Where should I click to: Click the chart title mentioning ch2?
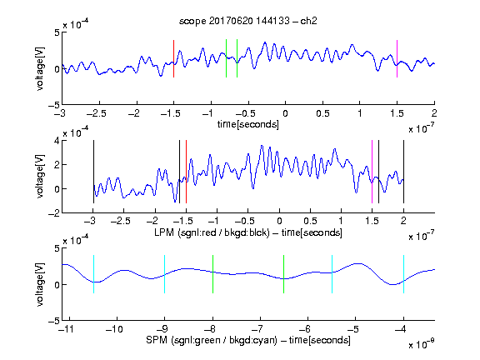[x=248, y=21]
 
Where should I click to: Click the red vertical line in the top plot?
[x=173, y=58]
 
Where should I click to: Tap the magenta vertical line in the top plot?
[x=397, y=58]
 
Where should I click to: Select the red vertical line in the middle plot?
[x=186, y=172]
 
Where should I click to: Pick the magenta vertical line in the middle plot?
[x=372, y=172]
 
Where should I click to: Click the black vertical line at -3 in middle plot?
[x=93, y=172]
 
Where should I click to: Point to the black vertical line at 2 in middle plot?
[x=403, y=172]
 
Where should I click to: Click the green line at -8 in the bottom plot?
[x=212, y=274]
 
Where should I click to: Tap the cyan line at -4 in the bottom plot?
[x=403, y=274]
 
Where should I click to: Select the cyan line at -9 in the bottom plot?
[x=165, y=274]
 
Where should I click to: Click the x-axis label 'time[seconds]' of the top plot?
[x=248, y=124]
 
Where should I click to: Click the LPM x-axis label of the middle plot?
[x=248, y=232]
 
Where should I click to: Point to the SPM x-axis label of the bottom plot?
[x=248, y=340]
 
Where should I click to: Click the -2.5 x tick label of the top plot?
[x=97, y=113]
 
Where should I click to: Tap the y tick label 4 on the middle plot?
[x=57, y=141]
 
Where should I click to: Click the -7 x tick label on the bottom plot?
[x=257, y=329]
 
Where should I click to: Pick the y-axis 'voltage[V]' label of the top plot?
[x=40, y=68]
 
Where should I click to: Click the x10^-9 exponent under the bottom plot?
[x=421, y=343]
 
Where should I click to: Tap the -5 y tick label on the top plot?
[x=53, y=105]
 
